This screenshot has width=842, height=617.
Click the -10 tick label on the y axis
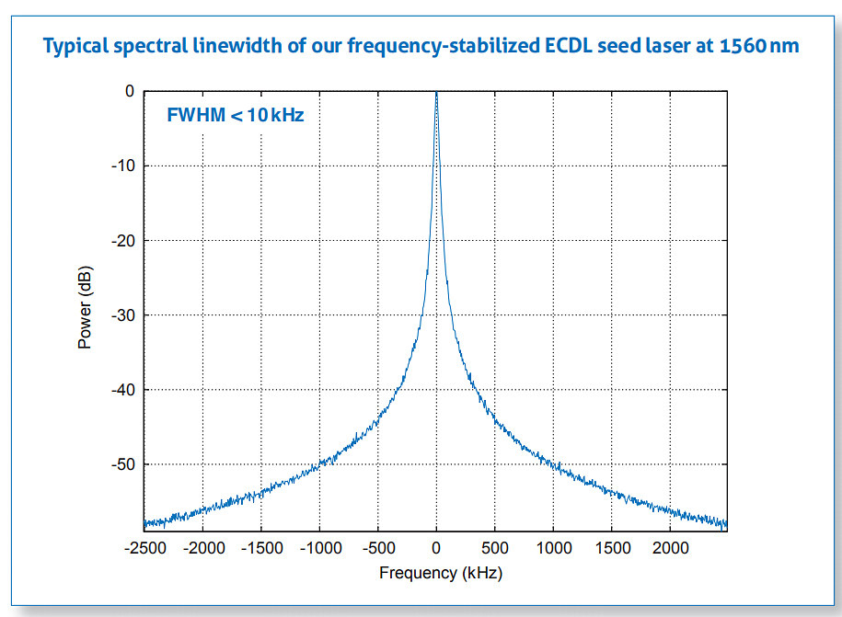(122, 166)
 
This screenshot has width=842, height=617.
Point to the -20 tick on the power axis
(122, 240)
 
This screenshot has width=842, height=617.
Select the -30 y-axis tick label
(122, 315)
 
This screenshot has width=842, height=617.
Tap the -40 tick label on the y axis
(122, 390)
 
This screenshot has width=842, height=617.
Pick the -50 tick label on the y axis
(122, 464)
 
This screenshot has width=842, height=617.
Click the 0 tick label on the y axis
(130, 91)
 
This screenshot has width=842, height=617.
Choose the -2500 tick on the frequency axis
(144, 549)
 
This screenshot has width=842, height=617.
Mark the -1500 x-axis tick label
(261, 549)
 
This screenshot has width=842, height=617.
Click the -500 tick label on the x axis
(378, 549)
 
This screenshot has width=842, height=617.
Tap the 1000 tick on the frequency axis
(553, 549)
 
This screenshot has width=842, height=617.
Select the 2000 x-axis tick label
(670, 549)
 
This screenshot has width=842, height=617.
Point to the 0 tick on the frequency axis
(436, 549)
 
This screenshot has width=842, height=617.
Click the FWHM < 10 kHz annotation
(235, 116)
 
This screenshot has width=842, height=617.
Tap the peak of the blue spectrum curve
(436, 93)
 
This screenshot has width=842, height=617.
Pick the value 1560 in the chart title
(743, 45)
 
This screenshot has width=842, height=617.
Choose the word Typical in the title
(77, 45)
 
